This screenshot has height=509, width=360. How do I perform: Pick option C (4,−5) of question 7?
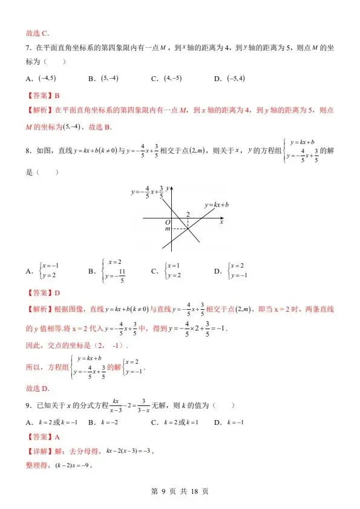[x=166, y=79]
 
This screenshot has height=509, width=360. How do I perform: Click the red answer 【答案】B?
[x=41, y=95]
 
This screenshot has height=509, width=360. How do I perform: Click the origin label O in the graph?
[x=167, y=223]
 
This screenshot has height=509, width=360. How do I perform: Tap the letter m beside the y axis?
[x=168, y=229]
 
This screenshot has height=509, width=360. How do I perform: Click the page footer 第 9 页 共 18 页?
[x=180, y=491]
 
